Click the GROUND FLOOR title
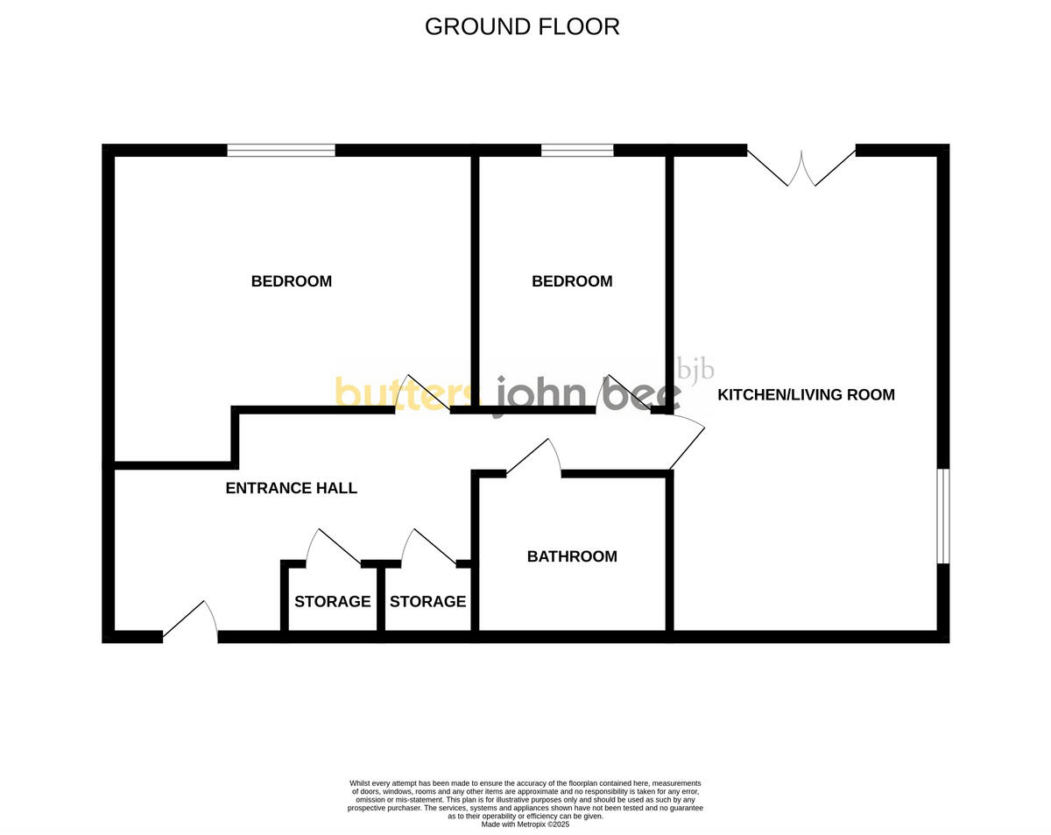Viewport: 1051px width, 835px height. click(x=522, y=26)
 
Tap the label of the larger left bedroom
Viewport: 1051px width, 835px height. click(x=291, y=281)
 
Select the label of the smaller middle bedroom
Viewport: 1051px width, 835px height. click(x=572, y=281)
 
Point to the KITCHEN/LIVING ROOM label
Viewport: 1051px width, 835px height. click(x=806, y=394)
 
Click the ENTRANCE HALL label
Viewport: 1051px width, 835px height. click(x=291, y=488)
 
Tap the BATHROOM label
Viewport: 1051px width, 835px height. click(x=572, y=556)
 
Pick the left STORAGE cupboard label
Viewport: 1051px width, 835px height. click(x=332, y=601)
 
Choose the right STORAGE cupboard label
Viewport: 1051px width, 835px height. click(x=427, y=601)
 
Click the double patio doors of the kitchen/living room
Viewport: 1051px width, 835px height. click(x=801, y=166)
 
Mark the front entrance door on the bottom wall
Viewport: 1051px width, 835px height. click(x=191, y=623)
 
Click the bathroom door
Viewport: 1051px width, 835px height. click(x=534, y=458)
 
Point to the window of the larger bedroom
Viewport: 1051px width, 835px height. click(x=281, y=150)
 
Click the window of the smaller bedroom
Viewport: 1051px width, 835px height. click(x=577, y=150)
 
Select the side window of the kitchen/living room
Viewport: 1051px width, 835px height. click(x=943, y=516)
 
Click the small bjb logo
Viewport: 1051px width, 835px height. click(x=696, y=371)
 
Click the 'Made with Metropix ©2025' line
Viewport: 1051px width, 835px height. click(x=525, y=824)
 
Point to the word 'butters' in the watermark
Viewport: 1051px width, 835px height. click(x=405, y=394)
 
